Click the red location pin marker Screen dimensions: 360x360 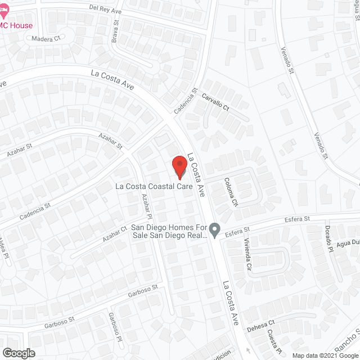pos(178,166)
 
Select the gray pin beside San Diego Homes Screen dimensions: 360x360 pos(214,229)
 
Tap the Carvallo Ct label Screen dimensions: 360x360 pos(216,102)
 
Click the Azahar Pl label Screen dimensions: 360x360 pos(147,206)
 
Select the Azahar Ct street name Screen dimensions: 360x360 pos(115,235)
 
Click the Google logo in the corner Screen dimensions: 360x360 pos(18,353)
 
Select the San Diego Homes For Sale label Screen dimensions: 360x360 pos(169,232)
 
